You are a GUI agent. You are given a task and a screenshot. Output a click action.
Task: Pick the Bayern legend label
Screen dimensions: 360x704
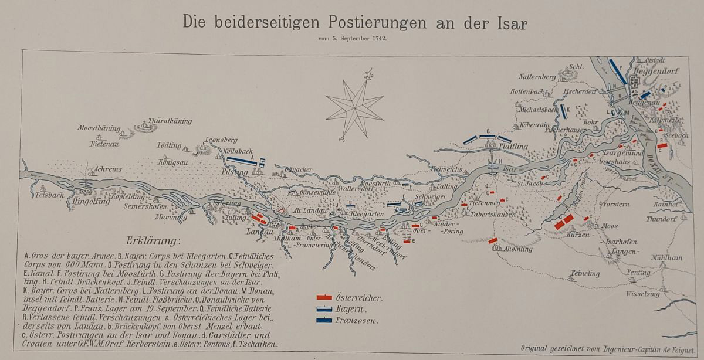[352, 309]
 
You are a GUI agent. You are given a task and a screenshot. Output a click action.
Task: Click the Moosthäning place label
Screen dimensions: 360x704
[98, 128]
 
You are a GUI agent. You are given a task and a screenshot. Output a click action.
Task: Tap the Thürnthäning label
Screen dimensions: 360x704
[170, 121]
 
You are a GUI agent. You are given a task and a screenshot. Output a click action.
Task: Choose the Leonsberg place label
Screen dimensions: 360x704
[221, 140]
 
